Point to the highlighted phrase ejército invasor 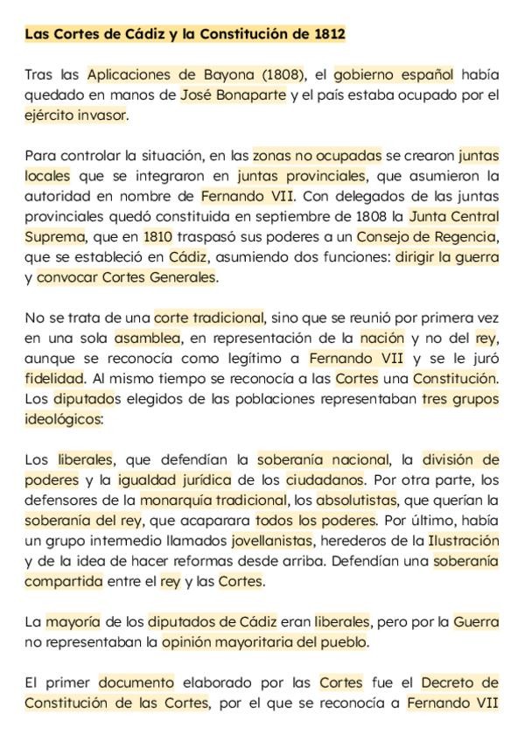[x=76, y=115]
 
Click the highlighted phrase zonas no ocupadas [x=317, y=156]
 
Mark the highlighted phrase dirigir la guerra [x=446, y=257]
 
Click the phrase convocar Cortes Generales [x=126, y=277]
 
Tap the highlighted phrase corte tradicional [x=208, y=318]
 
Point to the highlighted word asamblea [x=147, y=338]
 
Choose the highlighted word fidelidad [x=54, y=378]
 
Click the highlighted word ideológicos [x=63, y=419]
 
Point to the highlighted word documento [x=136, y=682]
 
